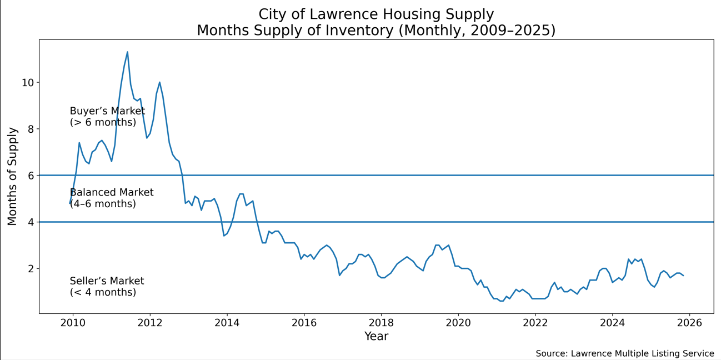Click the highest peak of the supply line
[x=127, y=52]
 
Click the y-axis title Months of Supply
[x=13, y=176]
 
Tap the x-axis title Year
[x=376, y=337]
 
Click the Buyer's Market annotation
[x=107, y=117]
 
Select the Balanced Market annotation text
[x=112, y=198]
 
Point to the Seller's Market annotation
[x=107, y=287]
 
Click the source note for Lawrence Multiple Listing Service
[x=625, y=354]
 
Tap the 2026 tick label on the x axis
[x=689, y=323]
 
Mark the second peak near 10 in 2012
[x=159, y=82]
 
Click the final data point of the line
[x=683, y=276]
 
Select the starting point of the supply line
[x=70, y=203]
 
